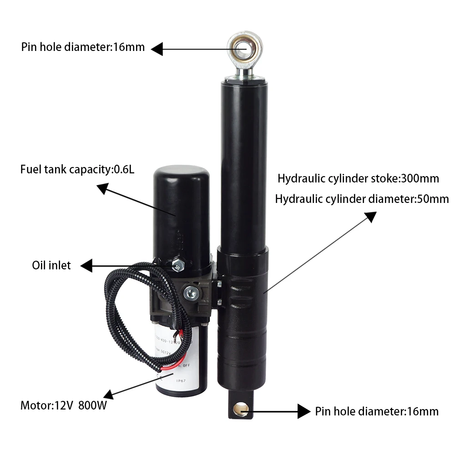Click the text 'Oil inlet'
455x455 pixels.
[x=51, y=265]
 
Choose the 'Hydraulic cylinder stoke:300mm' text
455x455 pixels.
[x=359, y=178]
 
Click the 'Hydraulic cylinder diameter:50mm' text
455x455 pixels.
[x=362, y=199]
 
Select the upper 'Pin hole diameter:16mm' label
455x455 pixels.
[x=83, y=47]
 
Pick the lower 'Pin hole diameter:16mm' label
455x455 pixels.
[x=377, y=412]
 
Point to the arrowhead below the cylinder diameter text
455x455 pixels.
[x=371, y=217]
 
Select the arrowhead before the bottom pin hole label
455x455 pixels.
[x=304, y=411]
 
